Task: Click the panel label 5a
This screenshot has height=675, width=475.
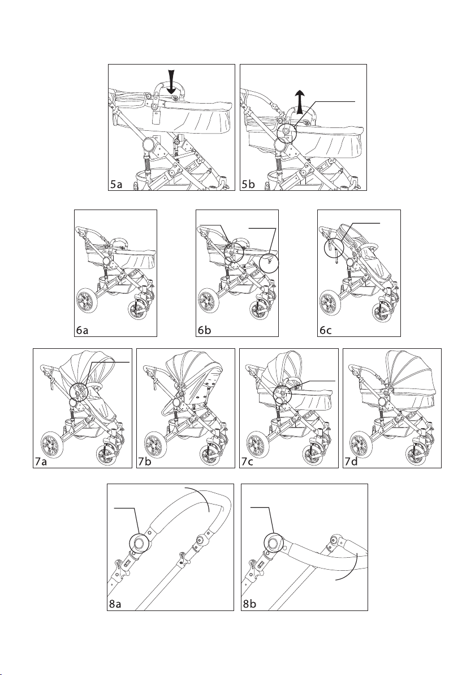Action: pyautogui.click(x=116, y=185)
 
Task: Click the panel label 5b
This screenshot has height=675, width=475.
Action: pyautogui.click(x=248, y=185)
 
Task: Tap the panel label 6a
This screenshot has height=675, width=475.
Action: pyautogui.click(x=82, y=330)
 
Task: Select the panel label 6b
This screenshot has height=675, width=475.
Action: pyautogui.click(x=204, y=330)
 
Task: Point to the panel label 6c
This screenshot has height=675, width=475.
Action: pyautogui.click(x=325, y=330)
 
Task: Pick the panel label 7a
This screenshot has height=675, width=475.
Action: pyautogui.click(x=41, y=462)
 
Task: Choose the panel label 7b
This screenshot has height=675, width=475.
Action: pyautogui.click(x=144, y=462)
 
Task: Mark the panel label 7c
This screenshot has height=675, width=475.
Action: pyautogui.click(x=247, y=462)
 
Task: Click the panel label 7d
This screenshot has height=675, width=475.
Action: pyautogui.click(x=351, y=462)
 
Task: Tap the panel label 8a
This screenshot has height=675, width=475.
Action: pyautogui.click(x=115, y=604)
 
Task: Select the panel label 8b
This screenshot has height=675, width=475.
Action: pyautogui.click(x=249, y=604)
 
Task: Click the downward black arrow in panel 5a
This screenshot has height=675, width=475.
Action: pyautogui.click(x=171, y=82)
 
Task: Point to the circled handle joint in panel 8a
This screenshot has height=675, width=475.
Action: pyautogui.click(x=139, y=542)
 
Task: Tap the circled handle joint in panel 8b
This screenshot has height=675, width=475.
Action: pyautogui.click(x=273, y=542)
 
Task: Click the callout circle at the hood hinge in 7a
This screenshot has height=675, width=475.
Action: pyautogui.click(x=79, y=392)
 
